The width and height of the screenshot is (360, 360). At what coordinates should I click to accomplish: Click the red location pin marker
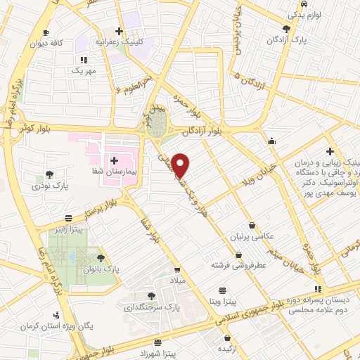tap(181, 165)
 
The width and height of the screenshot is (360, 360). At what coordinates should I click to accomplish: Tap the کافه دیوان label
tap(46, 43)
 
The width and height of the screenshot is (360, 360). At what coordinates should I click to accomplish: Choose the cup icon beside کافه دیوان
tap(46, 32)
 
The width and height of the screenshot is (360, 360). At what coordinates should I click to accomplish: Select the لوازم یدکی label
tap(305, 14)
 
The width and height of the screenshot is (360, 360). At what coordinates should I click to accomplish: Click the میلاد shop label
tap(176, 280)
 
